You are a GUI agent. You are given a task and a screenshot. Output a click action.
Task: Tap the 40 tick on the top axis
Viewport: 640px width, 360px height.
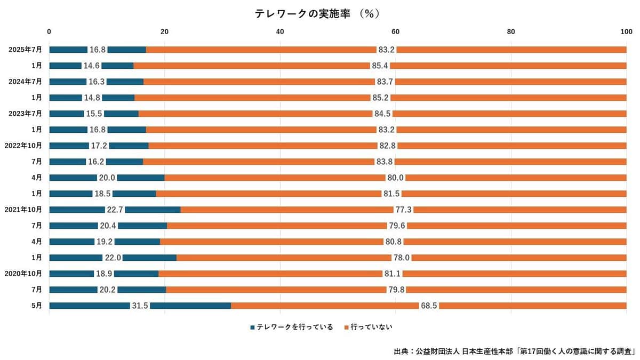[x=280, y=31]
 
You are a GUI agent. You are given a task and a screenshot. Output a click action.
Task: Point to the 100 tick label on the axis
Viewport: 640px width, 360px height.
[x=626, y=31]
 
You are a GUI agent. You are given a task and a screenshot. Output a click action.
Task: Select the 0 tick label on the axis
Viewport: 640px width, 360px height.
[x=50, y=31]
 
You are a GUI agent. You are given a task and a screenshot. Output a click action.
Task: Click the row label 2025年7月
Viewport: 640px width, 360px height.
[x=26, y=50]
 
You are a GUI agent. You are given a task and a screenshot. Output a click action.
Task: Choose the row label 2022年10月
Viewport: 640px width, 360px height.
[x=23, y=146]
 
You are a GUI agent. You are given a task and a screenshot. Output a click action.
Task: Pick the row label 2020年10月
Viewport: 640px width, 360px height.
[x=23, y=274]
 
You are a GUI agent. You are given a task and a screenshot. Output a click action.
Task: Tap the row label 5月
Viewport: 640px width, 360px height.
[x=36, y=306]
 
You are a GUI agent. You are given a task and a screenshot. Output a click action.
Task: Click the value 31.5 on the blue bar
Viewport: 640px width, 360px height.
[x=140, y=306]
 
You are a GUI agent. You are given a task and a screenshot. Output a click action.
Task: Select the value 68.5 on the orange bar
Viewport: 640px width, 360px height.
[x=429, y=306]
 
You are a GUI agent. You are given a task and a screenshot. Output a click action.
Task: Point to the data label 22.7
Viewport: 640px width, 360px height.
[x=115, y=210]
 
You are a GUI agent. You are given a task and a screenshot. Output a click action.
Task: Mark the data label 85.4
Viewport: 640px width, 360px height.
[x=380, y=66]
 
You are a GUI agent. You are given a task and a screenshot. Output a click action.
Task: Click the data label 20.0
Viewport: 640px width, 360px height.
[x=107, y=178]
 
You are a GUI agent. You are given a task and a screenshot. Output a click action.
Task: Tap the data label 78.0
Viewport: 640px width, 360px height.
[x=401, y=258]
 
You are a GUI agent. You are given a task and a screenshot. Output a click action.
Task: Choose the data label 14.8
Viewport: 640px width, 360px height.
[x=92, y=98]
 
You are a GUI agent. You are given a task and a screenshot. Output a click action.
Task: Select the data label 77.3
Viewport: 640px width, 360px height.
[x=403, y=210]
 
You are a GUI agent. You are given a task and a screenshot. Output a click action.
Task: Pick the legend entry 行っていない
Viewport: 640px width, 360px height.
[x=371, y=327]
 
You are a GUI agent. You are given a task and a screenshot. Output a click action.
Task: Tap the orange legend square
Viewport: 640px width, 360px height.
[x=347, y=327]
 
